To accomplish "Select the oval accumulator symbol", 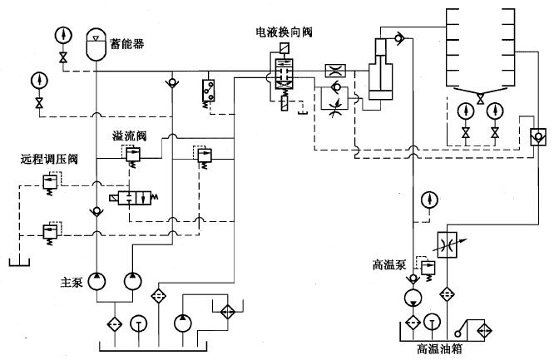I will [98, 44].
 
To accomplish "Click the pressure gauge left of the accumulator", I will [62, 35].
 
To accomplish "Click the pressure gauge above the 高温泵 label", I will [428, 200].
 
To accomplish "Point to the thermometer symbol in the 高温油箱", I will [431, 323].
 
